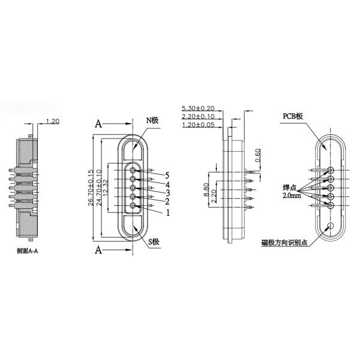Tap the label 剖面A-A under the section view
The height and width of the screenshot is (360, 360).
point(29,251)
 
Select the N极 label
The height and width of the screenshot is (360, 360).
point(152,121)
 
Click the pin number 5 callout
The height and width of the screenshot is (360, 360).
point(169,175)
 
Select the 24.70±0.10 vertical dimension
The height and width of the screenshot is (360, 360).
point(99,188)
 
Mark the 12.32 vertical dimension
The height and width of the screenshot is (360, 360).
point(106,188)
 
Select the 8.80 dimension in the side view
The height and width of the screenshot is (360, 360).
point(206,190)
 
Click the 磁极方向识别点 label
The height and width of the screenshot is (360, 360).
point(285,243)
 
